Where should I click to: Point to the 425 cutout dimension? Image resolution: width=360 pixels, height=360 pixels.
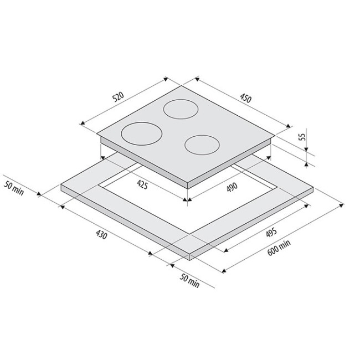(141, 186)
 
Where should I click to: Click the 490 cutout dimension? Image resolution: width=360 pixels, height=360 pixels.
(232, 187)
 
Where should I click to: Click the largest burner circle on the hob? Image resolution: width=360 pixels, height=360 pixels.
(140, 133)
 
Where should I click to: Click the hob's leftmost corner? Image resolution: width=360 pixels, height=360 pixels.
(97, 136)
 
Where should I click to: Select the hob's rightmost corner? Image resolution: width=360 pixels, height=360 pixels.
(275, 136)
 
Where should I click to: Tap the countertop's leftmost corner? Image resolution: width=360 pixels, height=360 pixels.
(60, 186)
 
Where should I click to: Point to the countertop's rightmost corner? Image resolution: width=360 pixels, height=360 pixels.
(315, 187)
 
